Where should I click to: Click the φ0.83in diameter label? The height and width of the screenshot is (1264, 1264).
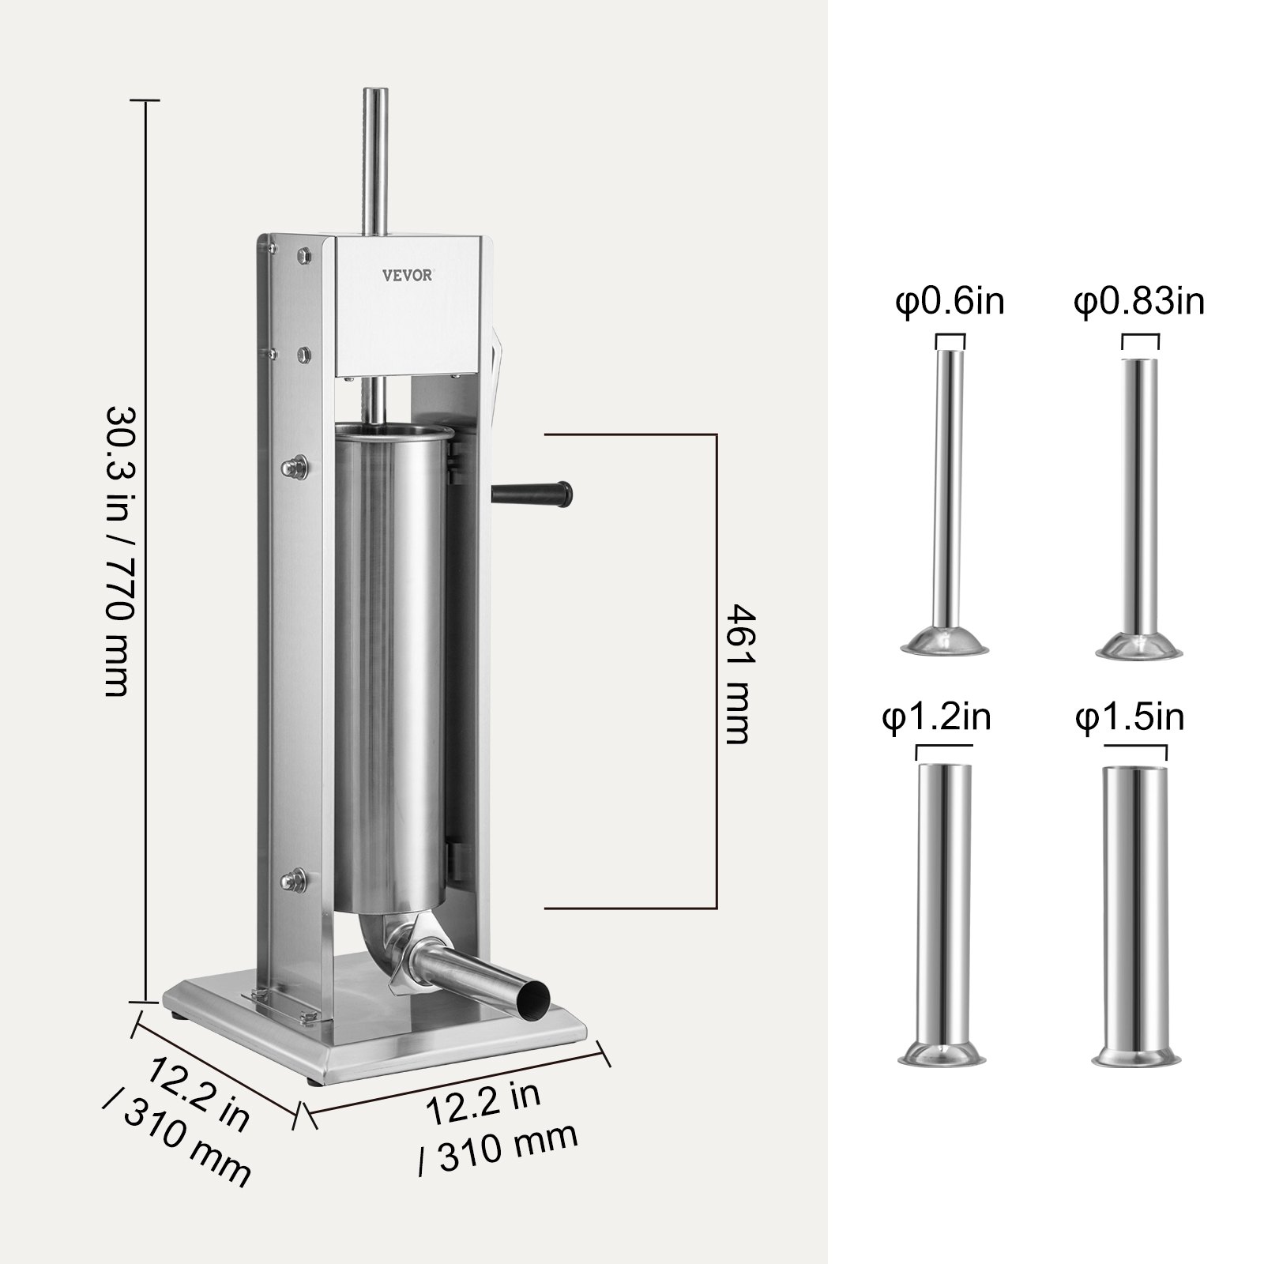click(1138, 302)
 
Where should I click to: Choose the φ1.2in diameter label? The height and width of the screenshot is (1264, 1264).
click(936, 719)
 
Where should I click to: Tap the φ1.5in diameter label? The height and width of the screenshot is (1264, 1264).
click(1129, 719)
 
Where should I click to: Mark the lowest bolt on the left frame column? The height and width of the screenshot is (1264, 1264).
click(298, 876)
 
